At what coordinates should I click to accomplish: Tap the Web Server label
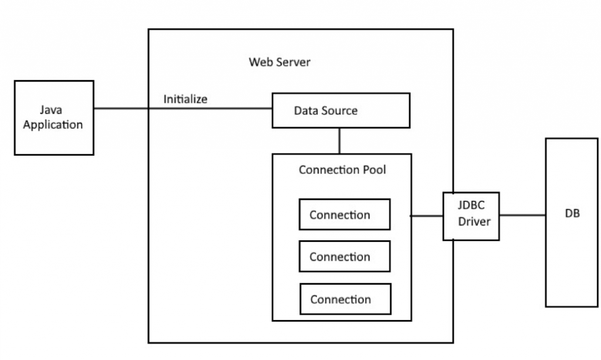coord(279,62)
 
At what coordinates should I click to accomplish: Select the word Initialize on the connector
coord(185,99)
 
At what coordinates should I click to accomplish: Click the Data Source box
coord(340,110)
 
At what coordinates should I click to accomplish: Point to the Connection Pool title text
coord(342,170)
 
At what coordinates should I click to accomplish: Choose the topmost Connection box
coord(345,215)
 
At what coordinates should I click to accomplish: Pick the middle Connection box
coord(345,257)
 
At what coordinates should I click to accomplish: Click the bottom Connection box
coord(345,300)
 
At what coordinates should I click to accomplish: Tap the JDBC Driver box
coord(471,216)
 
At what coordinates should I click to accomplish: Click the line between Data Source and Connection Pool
coord(340,141)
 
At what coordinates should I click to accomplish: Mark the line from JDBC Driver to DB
coord(522,215)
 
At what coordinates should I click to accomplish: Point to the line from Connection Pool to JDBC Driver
coord(427,216)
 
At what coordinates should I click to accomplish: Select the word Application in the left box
coord(53,125)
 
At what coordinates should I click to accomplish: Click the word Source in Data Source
coord(340,110)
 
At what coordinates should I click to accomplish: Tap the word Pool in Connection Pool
coord(374,170)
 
